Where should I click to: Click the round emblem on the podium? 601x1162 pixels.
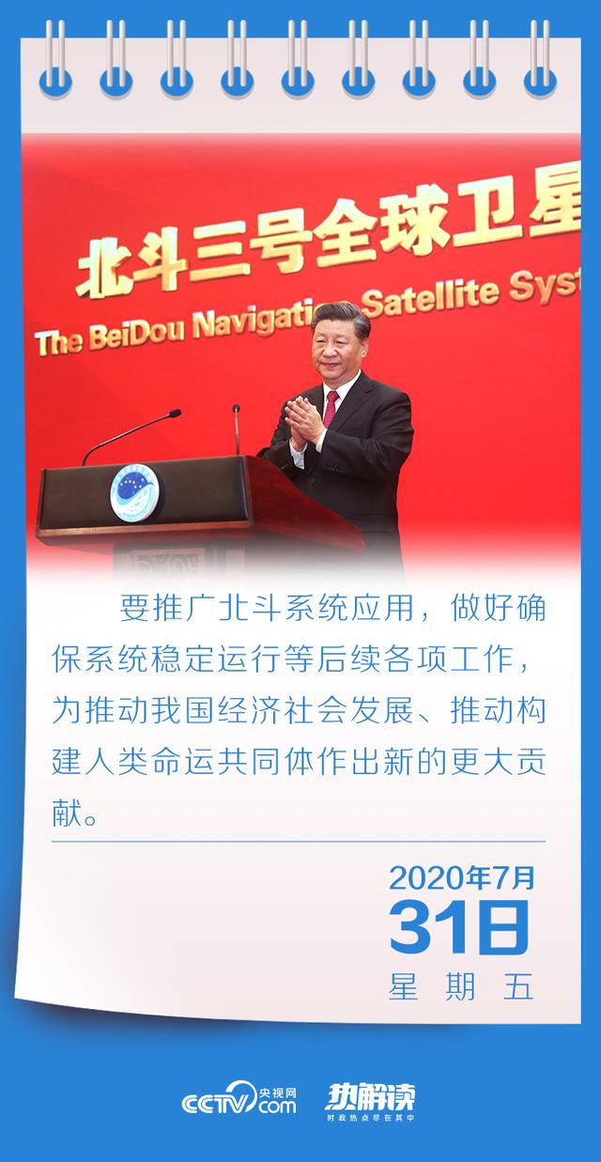(x=133, y=494)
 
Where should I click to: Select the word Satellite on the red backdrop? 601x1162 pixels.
(x=440, y=298)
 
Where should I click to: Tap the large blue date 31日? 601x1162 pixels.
(x=460, y=928)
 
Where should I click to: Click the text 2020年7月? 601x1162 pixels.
(x=461, y=877)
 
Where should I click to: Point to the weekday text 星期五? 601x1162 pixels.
(x=461, y=986)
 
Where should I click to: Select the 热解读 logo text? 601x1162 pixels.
(x=370, y=1095)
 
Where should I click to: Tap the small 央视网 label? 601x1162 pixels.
(x=278, y=1090)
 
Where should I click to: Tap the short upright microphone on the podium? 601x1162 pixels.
(x=237, y=432)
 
